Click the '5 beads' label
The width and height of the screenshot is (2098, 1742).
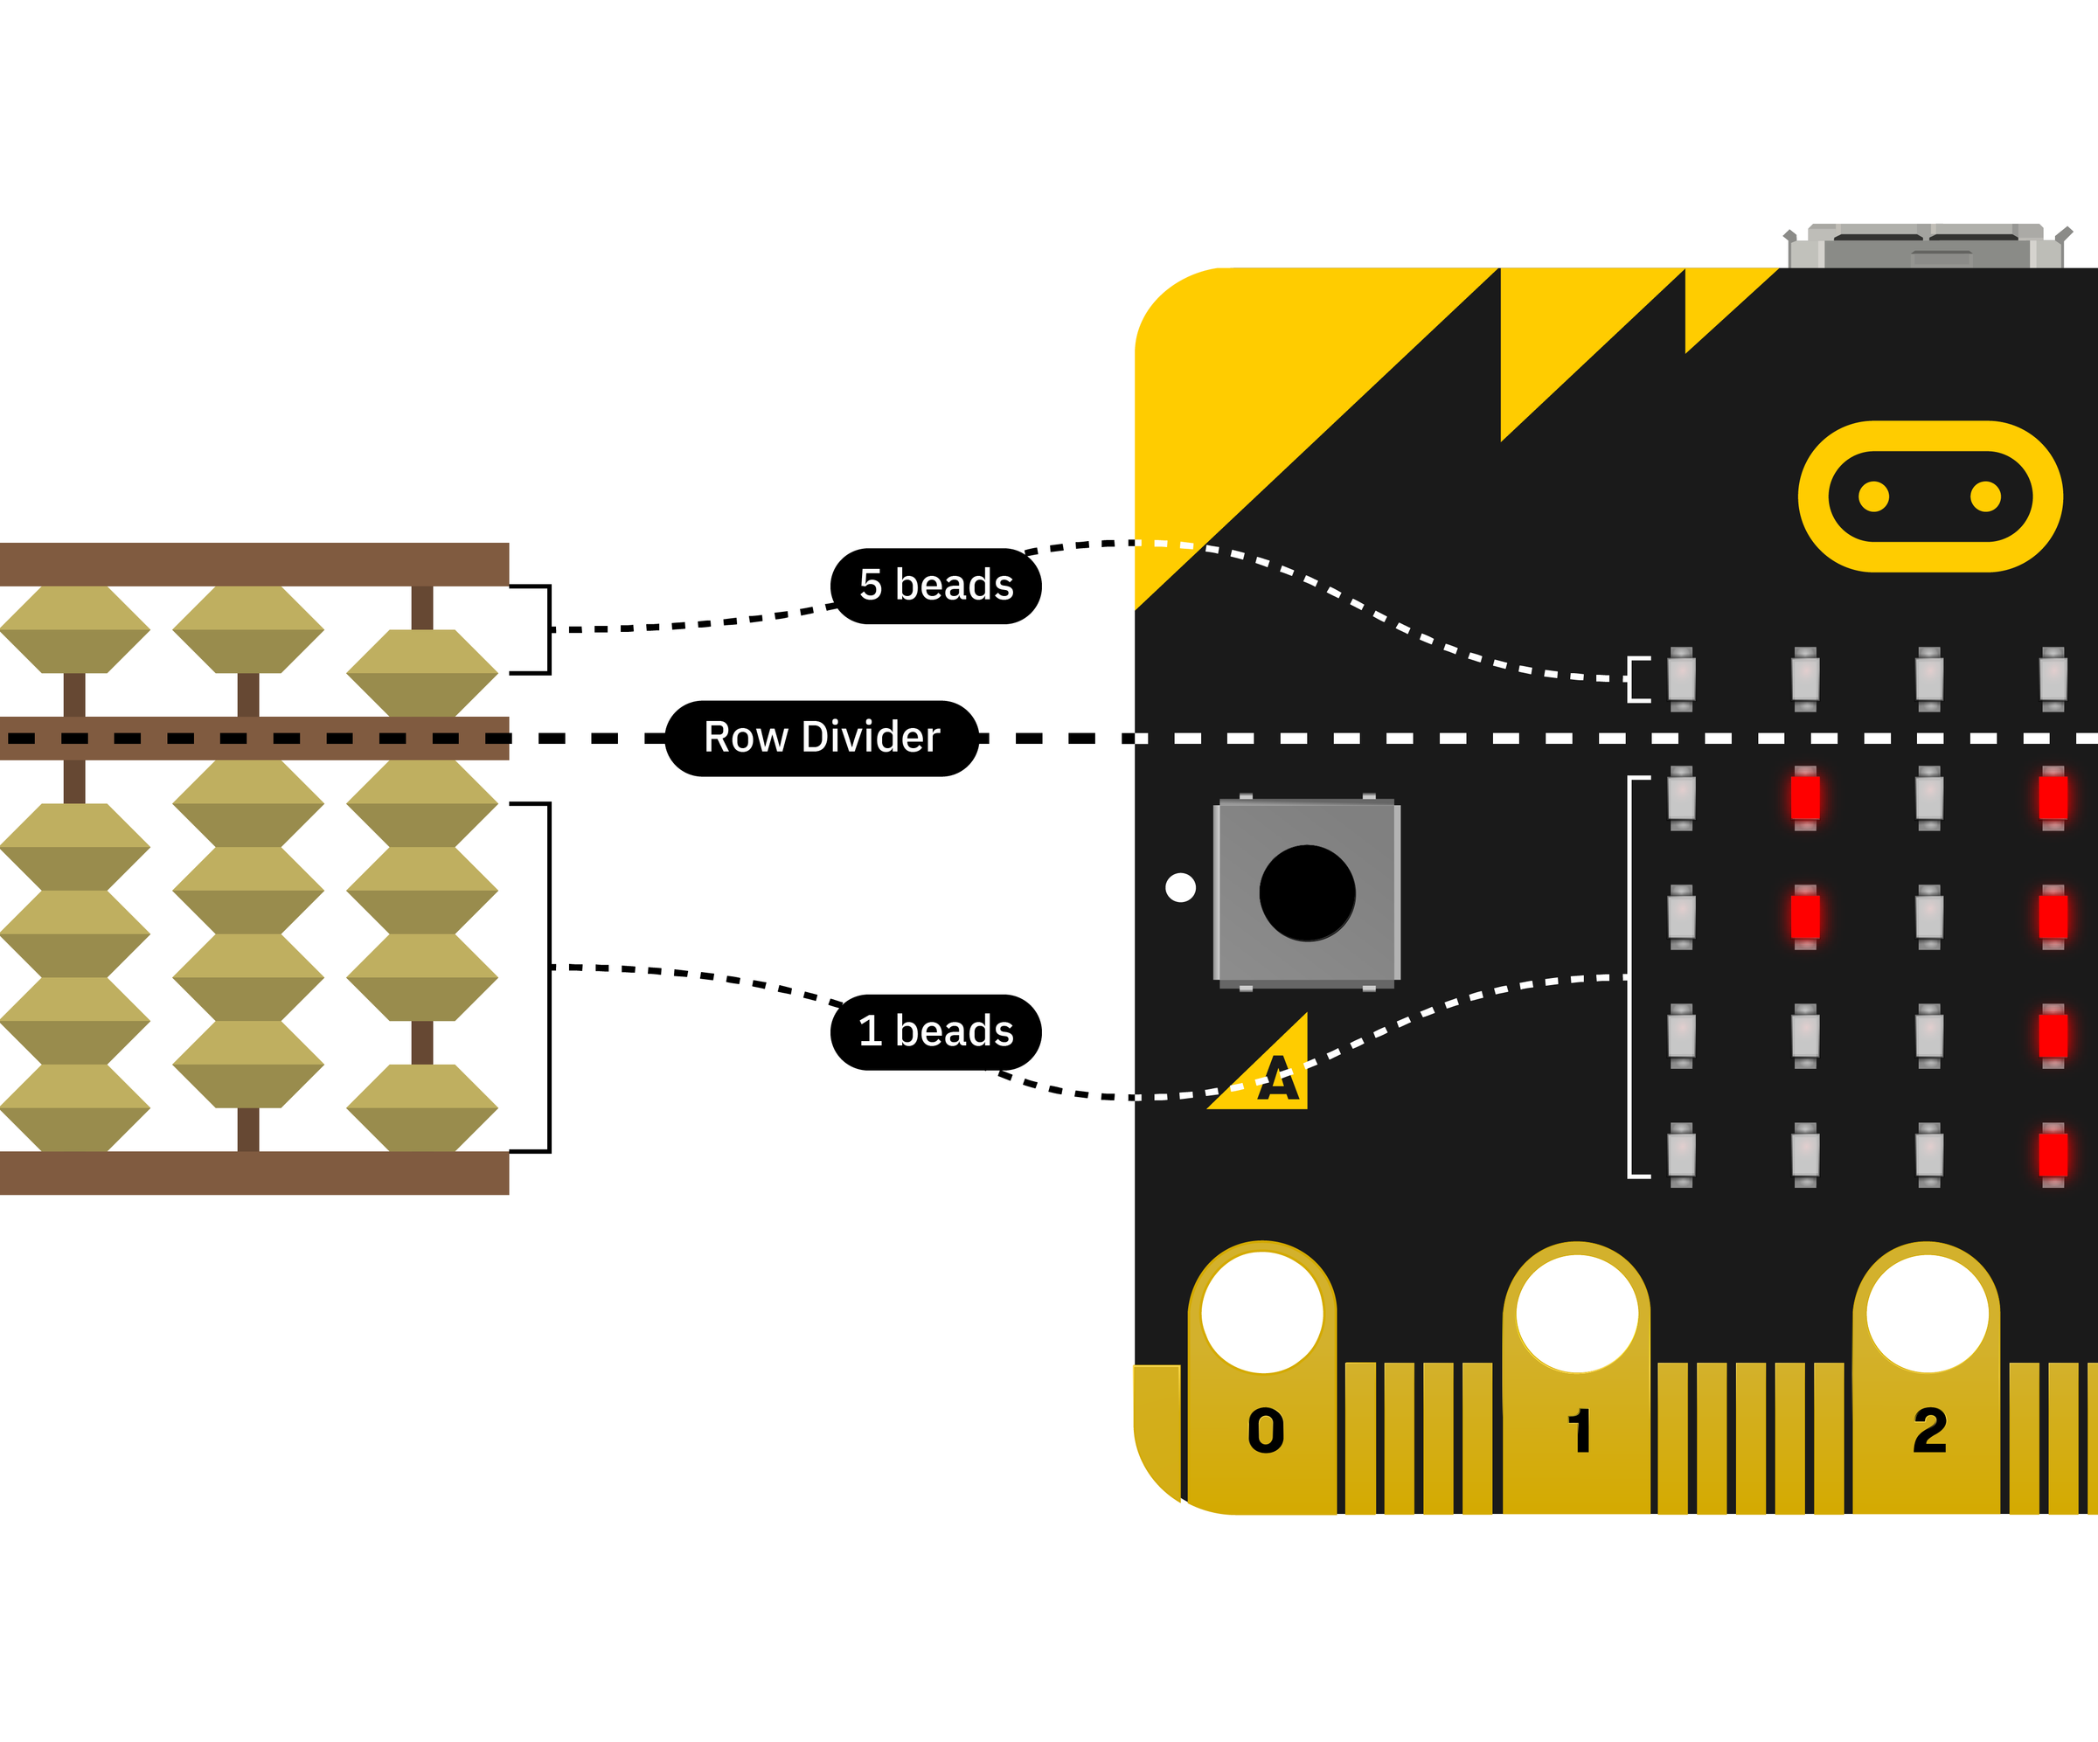(x=935, y=586)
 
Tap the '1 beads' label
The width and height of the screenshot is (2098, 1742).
(x=935, y=1031)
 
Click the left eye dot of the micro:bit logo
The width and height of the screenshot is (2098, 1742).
(x=1873, y=496)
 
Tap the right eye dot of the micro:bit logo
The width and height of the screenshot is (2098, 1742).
(x=1985, y=496)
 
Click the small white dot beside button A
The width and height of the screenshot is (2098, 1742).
(x=1180, y=887)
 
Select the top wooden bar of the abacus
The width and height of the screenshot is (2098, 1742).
(x=254, y=564)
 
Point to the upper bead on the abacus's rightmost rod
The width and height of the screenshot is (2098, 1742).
(x=421, y=672)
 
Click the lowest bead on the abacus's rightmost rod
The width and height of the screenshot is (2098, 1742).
(x=421, y=1107)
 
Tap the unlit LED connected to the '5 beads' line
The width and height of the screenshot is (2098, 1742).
(x=1681, y=679)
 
